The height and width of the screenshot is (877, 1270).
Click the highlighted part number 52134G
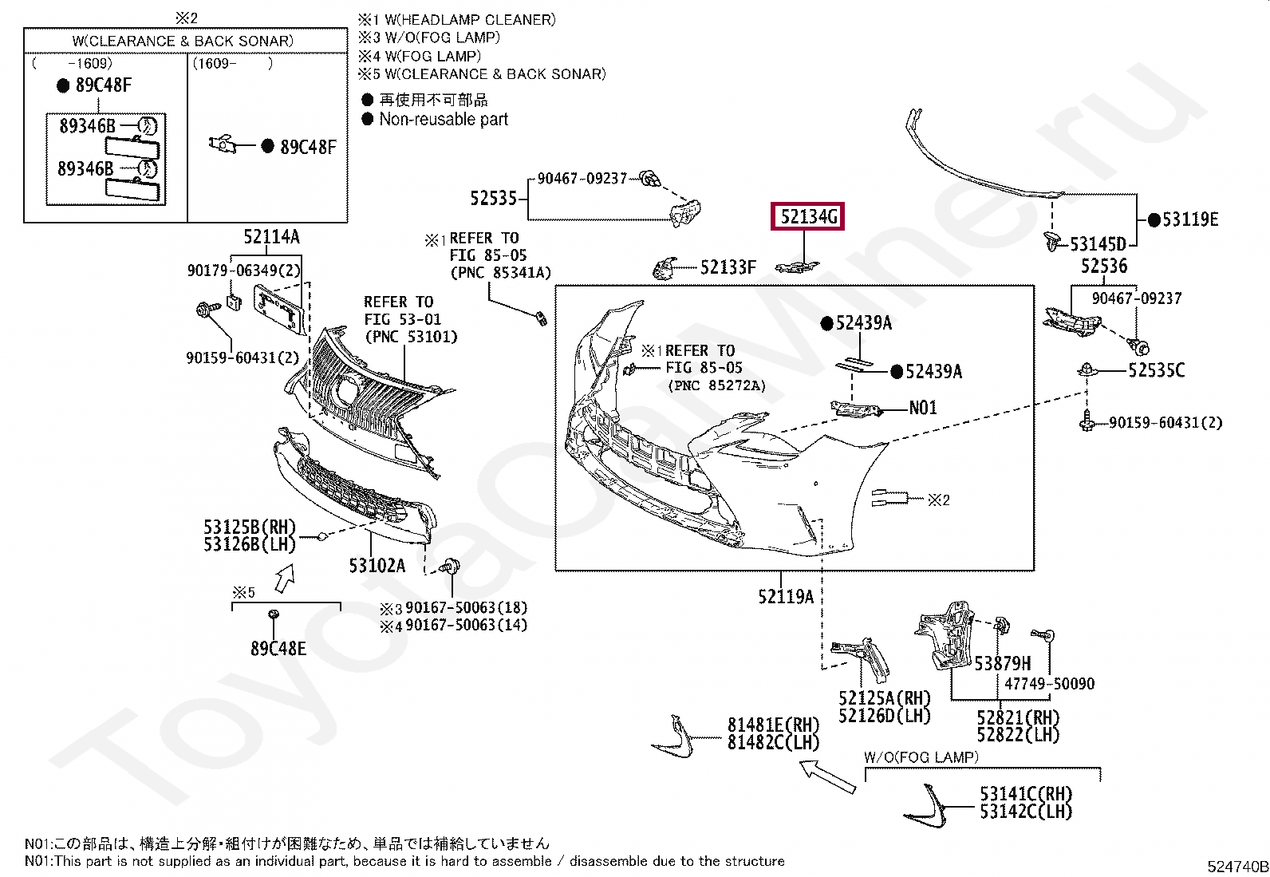(807, 217)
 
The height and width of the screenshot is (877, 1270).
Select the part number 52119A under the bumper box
(785, 596)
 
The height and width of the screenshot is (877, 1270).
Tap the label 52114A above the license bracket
(271, 236)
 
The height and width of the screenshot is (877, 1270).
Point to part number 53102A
(377, 566)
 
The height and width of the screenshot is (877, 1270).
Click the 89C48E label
(278, 649)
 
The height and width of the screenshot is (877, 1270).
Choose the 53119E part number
(1189, 219)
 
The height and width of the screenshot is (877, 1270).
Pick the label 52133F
(728, 267)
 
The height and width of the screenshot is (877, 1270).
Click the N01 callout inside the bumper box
(923, 408)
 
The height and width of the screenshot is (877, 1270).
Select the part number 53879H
(1002, 663)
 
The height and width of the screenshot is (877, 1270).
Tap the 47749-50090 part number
(1049, 684)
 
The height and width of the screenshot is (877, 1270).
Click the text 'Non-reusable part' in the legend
(444, 120)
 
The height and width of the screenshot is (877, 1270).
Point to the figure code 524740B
(1237, 867)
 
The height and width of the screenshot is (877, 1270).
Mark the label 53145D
(1098, 244)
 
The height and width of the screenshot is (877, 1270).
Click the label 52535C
(1156, 370)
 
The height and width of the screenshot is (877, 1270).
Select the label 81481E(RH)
(773, 725)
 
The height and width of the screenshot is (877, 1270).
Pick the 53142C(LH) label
(1026, 812)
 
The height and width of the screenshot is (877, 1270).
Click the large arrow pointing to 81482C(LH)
(827, 776)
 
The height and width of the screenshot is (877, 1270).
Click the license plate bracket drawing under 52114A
(278, 308)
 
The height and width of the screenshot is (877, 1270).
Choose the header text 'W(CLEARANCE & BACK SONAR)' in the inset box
(183, 41)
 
